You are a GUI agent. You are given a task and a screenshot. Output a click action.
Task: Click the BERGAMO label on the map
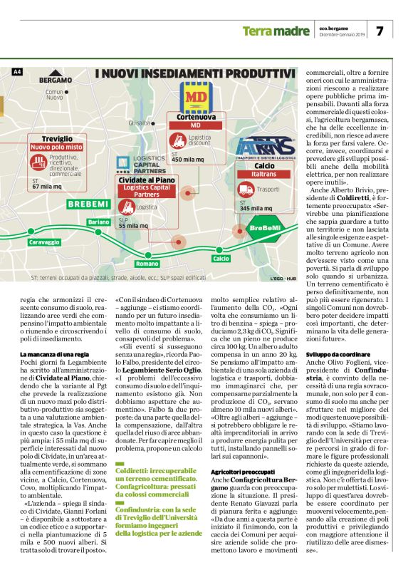tap(55, 80)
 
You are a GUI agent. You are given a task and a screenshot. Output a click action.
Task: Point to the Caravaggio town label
tap(44, 242)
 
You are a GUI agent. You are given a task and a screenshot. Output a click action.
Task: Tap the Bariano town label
tap(98, 222)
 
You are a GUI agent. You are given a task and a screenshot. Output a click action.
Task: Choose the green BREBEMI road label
tap(87, 204)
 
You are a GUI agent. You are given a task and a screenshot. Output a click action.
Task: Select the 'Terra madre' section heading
tap(271, 31)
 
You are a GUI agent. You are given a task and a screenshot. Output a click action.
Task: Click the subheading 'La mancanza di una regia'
tap(55, 354)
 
